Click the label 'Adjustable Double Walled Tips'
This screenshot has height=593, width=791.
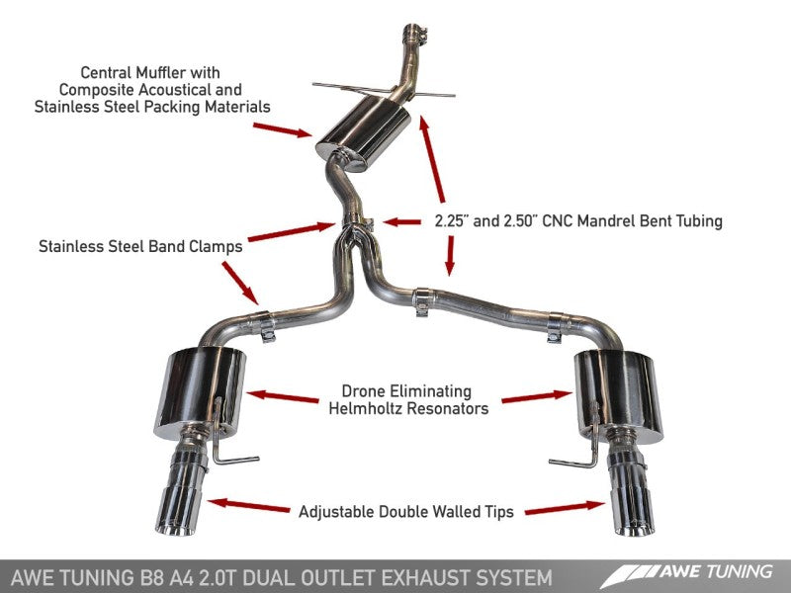point(406,512)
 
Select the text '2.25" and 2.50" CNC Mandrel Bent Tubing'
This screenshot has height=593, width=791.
point(577,221)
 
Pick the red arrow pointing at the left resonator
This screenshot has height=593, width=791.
point(282,396)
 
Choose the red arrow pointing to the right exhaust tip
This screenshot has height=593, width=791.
point(565,507)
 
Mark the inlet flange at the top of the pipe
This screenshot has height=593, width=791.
point(412,34)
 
